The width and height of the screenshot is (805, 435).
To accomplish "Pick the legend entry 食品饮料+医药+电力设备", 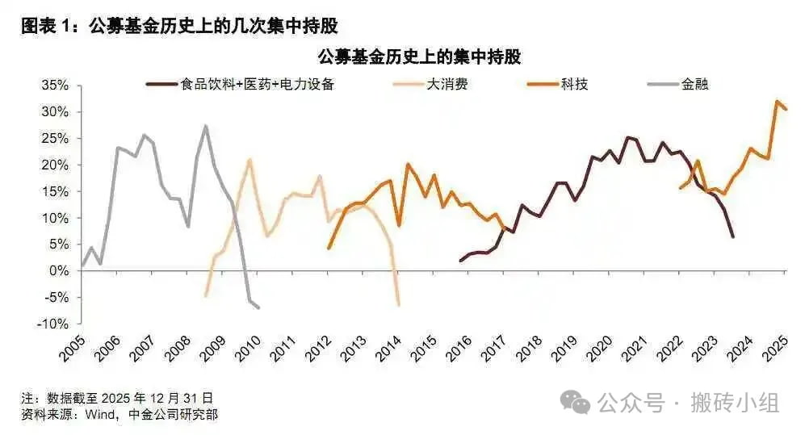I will (258, 84).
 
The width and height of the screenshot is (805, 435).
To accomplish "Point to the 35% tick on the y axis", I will (57, 86).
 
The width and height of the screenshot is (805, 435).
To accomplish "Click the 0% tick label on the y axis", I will (61, 271).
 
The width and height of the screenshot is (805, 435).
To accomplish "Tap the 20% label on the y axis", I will (57, 165).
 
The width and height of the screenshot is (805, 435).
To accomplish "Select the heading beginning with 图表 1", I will (178, 26).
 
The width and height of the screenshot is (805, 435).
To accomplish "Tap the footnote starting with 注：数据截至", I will (118, 398).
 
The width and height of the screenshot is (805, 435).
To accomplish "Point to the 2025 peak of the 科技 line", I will (777, 102).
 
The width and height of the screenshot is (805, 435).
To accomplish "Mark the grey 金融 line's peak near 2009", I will (206, 126).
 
